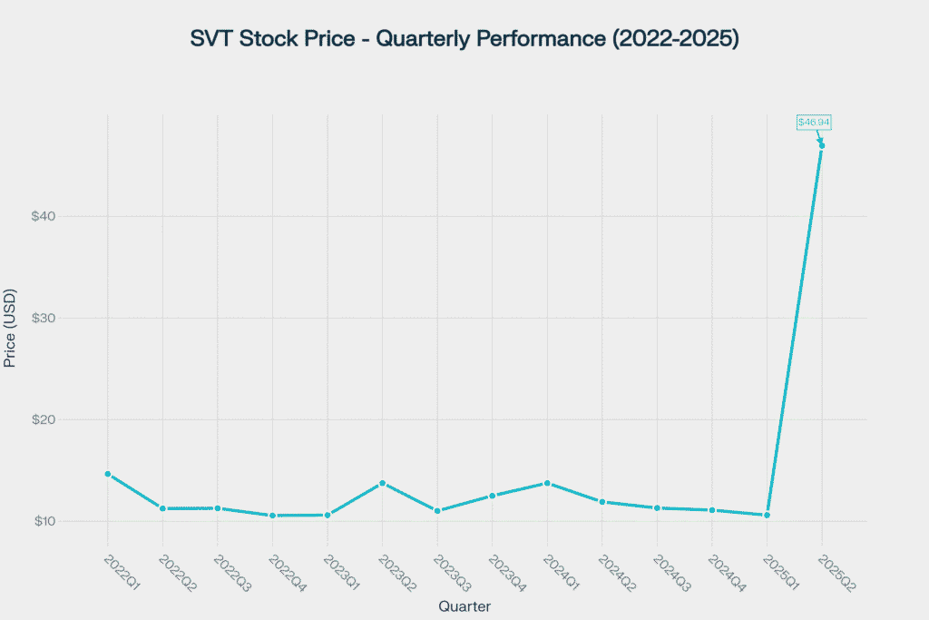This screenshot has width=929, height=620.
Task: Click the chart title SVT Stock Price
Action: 464,39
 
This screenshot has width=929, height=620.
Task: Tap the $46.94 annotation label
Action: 814,122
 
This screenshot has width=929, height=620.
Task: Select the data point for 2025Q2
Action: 822,146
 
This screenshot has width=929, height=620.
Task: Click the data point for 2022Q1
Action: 107,474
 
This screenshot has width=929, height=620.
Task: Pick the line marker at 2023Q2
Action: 382,483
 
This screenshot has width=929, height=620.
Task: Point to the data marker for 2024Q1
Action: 547,483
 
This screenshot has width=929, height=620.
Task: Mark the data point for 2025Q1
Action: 767,516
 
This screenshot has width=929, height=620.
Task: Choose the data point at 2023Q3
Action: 437,511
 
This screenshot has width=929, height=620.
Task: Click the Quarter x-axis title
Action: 464,606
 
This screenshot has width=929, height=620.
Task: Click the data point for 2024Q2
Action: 601,501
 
